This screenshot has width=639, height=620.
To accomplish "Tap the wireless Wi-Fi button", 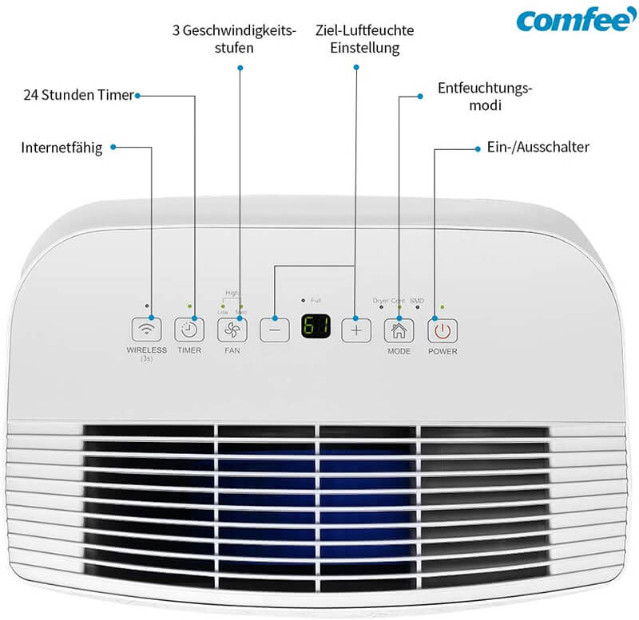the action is tap(146, 329).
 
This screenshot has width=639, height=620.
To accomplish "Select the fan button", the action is tap(232, 329).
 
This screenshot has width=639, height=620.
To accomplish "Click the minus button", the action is tap(274, 329).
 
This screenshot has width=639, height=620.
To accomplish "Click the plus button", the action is tap(357, 329).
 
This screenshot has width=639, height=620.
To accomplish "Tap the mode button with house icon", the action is tap(399, 329).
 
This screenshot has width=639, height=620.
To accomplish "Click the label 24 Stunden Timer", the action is tap(77, 96).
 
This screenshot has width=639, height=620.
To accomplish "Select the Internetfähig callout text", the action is tap(62, 148).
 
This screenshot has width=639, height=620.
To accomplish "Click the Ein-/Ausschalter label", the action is tap(538, 147).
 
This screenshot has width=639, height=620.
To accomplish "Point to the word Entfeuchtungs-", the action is tap(485, 88).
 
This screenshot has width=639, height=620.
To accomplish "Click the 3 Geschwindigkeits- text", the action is tap(234, 30).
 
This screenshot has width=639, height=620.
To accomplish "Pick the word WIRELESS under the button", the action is tap(146, 350).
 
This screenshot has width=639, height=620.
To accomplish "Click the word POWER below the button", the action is tap(443, 351).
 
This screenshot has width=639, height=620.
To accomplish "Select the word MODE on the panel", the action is tap(399, 351).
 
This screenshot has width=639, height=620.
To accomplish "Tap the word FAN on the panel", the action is tap(232, 350).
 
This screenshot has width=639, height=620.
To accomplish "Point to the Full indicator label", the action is tap(316, 300).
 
